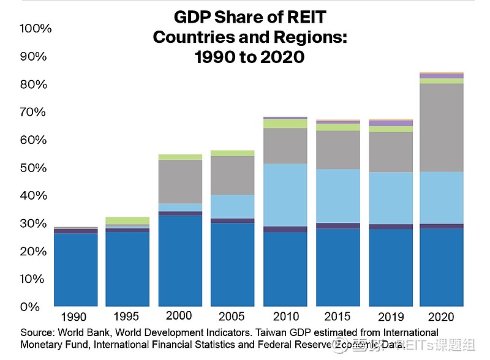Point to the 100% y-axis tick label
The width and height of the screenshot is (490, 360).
click(36, 29)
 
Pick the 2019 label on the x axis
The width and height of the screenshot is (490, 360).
click(390, 317)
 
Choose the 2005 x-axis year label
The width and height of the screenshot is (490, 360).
click(232, 317)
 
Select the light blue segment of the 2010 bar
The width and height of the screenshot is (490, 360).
click(285, 195)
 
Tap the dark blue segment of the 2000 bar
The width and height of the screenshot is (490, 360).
click(180, 260)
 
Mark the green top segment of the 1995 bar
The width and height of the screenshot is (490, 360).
click(127, 220)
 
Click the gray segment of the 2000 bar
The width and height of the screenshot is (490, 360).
click(180, 181)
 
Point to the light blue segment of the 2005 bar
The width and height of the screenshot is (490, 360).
click(232, 206)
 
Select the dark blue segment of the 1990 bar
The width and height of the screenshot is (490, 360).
click(75, 269)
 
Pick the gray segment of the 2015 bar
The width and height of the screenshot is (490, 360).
click(337, 149)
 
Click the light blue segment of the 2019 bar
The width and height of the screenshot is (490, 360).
click(390, 198)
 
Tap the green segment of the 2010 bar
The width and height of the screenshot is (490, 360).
click(285, 124)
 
